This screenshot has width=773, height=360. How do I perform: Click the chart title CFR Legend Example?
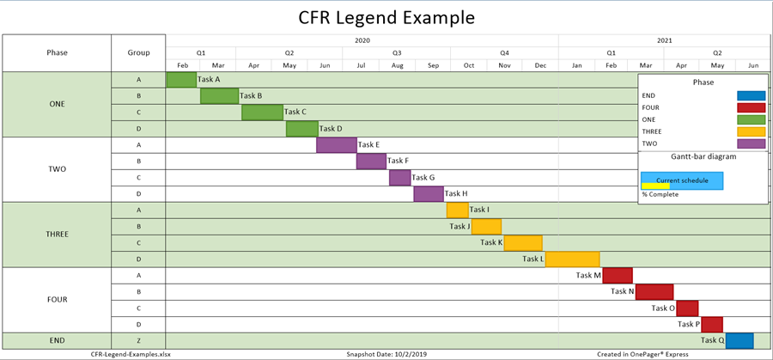pos(386,17)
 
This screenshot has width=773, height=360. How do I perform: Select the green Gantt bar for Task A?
pos(181,80)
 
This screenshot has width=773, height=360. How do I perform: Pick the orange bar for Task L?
pos(573,259)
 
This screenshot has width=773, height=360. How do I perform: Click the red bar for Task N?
pos(654,291)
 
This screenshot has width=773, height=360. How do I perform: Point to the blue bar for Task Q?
pos(740,340)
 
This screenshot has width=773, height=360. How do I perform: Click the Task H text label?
pos(456,194)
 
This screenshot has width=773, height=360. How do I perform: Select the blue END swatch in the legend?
pos(751,96)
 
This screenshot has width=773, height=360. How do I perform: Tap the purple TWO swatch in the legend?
pos(751,144)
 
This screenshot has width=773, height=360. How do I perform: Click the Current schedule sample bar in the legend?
pos(682,180)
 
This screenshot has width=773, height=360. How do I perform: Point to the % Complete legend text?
pos(660,194)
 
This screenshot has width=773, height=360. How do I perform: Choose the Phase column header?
pos(57,52)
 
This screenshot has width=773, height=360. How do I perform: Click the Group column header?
pos(138,52)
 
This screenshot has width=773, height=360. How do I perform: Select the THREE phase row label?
pos(57,234)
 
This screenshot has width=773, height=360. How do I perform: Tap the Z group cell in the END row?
pos(138,340)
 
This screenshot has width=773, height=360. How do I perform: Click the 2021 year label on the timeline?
pos(665,40)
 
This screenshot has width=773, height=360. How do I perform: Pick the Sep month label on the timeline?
pos(433,65)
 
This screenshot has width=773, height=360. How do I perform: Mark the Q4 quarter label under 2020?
pos(504,52)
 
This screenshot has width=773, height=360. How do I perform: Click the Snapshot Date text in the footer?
pos(386,353)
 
